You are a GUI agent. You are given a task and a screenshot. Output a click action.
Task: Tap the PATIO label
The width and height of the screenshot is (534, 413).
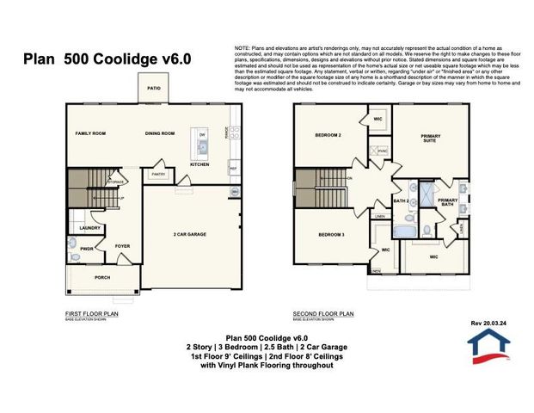pyautogui.click(x=154, y=89)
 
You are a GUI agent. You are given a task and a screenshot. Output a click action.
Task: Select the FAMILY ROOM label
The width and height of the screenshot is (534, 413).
pyautogui.click(x=90, y=133)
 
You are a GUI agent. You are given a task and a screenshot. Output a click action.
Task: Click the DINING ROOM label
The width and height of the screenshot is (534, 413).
pyautogui.click(x=160, y=133)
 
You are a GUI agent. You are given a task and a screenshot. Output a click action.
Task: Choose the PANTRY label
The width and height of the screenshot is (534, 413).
pyautogui.click(x=157, y=174)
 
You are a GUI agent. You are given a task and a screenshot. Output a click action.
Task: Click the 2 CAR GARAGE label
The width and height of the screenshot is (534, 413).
pyautogui.click(x=189, y=234)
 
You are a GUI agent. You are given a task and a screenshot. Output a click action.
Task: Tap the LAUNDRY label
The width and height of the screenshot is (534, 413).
pyautogui.click(x=90, y=228)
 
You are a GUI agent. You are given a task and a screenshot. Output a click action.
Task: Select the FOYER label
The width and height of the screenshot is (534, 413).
pyautogui.click(x=123, y=246)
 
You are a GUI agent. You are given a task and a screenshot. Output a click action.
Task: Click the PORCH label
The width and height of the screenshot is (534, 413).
pyautogui.click(x=102, y=277)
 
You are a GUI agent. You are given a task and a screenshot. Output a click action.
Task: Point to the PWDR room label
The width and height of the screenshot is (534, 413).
pyautogui.click(x=87, y=249)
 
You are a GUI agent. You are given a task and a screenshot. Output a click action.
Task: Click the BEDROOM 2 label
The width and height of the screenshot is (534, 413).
pyautogui.click(x=328, y=135)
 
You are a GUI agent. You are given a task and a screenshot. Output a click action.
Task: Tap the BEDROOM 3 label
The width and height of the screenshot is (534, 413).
pyautogui.click(x=331, y=234)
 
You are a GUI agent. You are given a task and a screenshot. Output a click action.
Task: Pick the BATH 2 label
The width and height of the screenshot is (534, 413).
pyautogui.click(x=400, y=201)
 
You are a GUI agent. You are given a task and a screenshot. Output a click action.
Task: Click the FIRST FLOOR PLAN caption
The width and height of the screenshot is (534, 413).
pyautogui.click(x=92, y=314)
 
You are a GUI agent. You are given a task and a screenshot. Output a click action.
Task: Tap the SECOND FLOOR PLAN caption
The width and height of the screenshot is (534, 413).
pyautogui.click(x=323, y=314)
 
